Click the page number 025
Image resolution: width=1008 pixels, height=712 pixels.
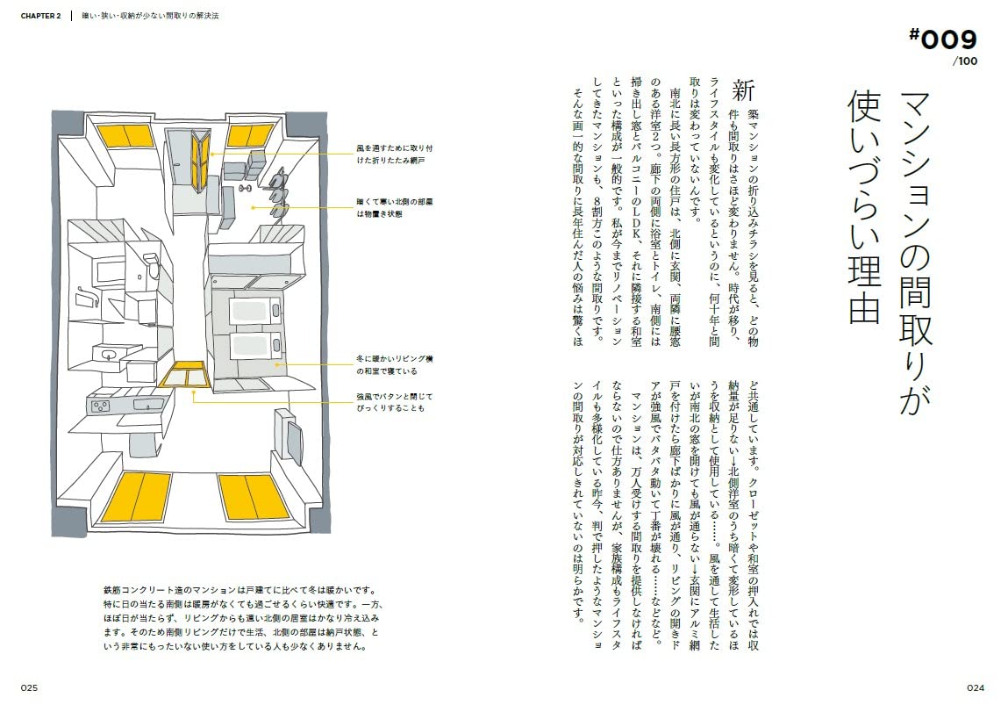pos(29,687)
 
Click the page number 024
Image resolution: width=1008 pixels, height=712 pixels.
pos(976,687)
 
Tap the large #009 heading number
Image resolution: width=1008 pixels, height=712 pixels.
pos(943,40)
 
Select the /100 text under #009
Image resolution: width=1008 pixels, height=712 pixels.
pos(965,61)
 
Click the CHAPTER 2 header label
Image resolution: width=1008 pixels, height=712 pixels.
pos(40,16)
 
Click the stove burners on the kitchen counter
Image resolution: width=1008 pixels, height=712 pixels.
pos(100,406)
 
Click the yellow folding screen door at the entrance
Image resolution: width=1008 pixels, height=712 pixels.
pos(203,155)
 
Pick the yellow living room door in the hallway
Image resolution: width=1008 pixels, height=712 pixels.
pos(185,374)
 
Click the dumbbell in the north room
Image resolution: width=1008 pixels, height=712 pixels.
pos(245,188)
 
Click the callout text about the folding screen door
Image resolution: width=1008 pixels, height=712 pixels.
pos(395,155)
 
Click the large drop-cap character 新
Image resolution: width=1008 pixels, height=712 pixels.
pos(742,91)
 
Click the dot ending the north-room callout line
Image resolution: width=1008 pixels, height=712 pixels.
pos(253,208)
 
